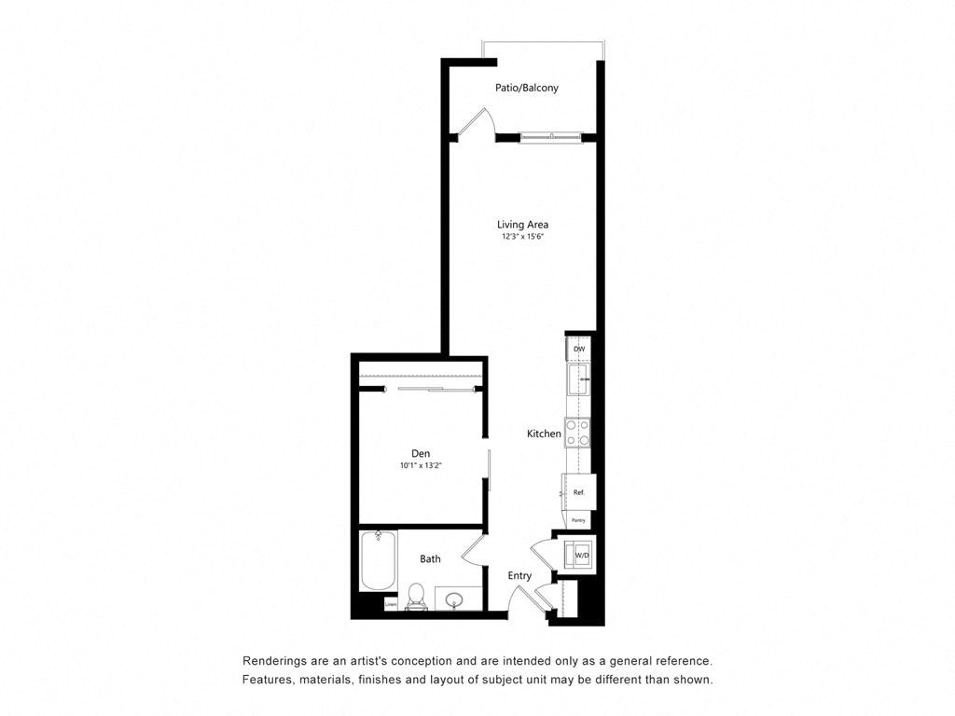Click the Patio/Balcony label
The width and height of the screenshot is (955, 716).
[x=526, y=88]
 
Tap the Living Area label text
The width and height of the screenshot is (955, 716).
[x=521, y=224]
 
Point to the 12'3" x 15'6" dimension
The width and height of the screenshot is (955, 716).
[x=521, y=237]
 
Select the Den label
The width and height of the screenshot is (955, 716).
[x=421, y=453]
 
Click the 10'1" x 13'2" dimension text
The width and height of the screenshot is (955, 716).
[x=421, y=465]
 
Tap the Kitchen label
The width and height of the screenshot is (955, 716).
[x=544, y=434]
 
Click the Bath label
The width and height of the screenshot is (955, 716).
[x=430, y=558]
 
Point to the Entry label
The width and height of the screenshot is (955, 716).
[x=519, y=575]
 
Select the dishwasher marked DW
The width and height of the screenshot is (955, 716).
[x=579, y=349]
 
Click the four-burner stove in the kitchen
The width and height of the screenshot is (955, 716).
[x=578, y=432]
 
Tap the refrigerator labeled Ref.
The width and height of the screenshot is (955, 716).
[x=578, y=491]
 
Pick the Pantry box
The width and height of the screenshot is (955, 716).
[x=578, y=520]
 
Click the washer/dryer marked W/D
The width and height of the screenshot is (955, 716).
[x=581, y=555]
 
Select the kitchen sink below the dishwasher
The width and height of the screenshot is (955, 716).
[x=579, y=379]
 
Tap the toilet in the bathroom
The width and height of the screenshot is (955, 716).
[x=417, y=595]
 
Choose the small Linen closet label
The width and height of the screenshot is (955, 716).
[x=391, y=605]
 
